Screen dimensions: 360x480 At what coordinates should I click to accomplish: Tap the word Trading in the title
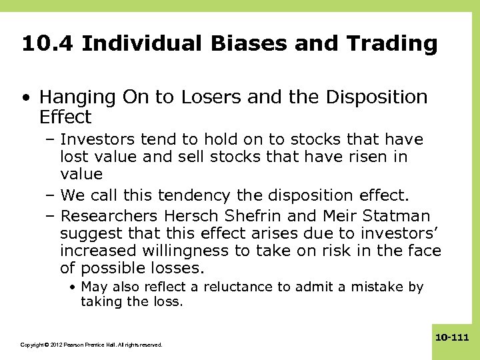[391, 44]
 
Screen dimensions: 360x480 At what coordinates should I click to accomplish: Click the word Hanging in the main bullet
[75, 97]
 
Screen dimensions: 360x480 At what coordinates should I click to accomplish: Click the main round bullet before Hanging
[25, 98]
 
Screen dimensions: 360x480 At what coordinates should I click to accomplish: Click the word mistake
[370, 287]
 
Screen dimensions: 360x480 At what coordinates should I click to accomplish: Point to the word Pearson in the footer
[75, 345]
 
